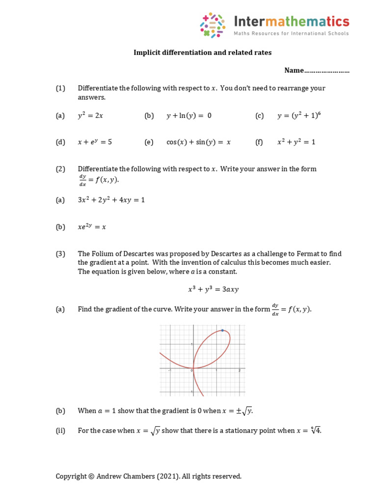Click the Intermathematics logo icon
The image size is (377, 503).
[x=213, y=25]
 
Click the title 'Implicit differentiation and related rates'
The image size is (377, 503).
[x=202, y=53]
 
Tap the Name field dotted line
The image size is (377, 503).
[x=327, y=71]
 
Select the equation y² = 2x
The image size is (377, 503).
[x=90, y=115]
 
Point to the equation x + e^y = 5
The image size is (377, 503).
[x=95, y=142]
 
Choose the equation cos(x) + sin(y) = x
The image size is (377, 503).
[x=198, y=142]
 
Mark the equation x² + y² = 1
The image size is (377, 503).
[x=296, y=142]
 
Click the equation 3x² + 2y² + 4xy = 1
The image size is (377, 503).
[x=111, y=200]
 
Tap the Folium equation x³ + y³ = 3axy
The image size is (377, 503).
[x=213, y=289]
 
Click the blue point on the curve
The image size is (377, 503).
[x=223, y=331]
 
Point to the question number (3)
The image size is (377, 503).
[x=60, y=254]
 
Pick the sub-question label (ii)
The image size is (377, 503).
[x=60, y=431]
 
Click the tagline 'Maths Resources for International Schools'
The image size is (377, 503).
[x=291, y=34]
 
